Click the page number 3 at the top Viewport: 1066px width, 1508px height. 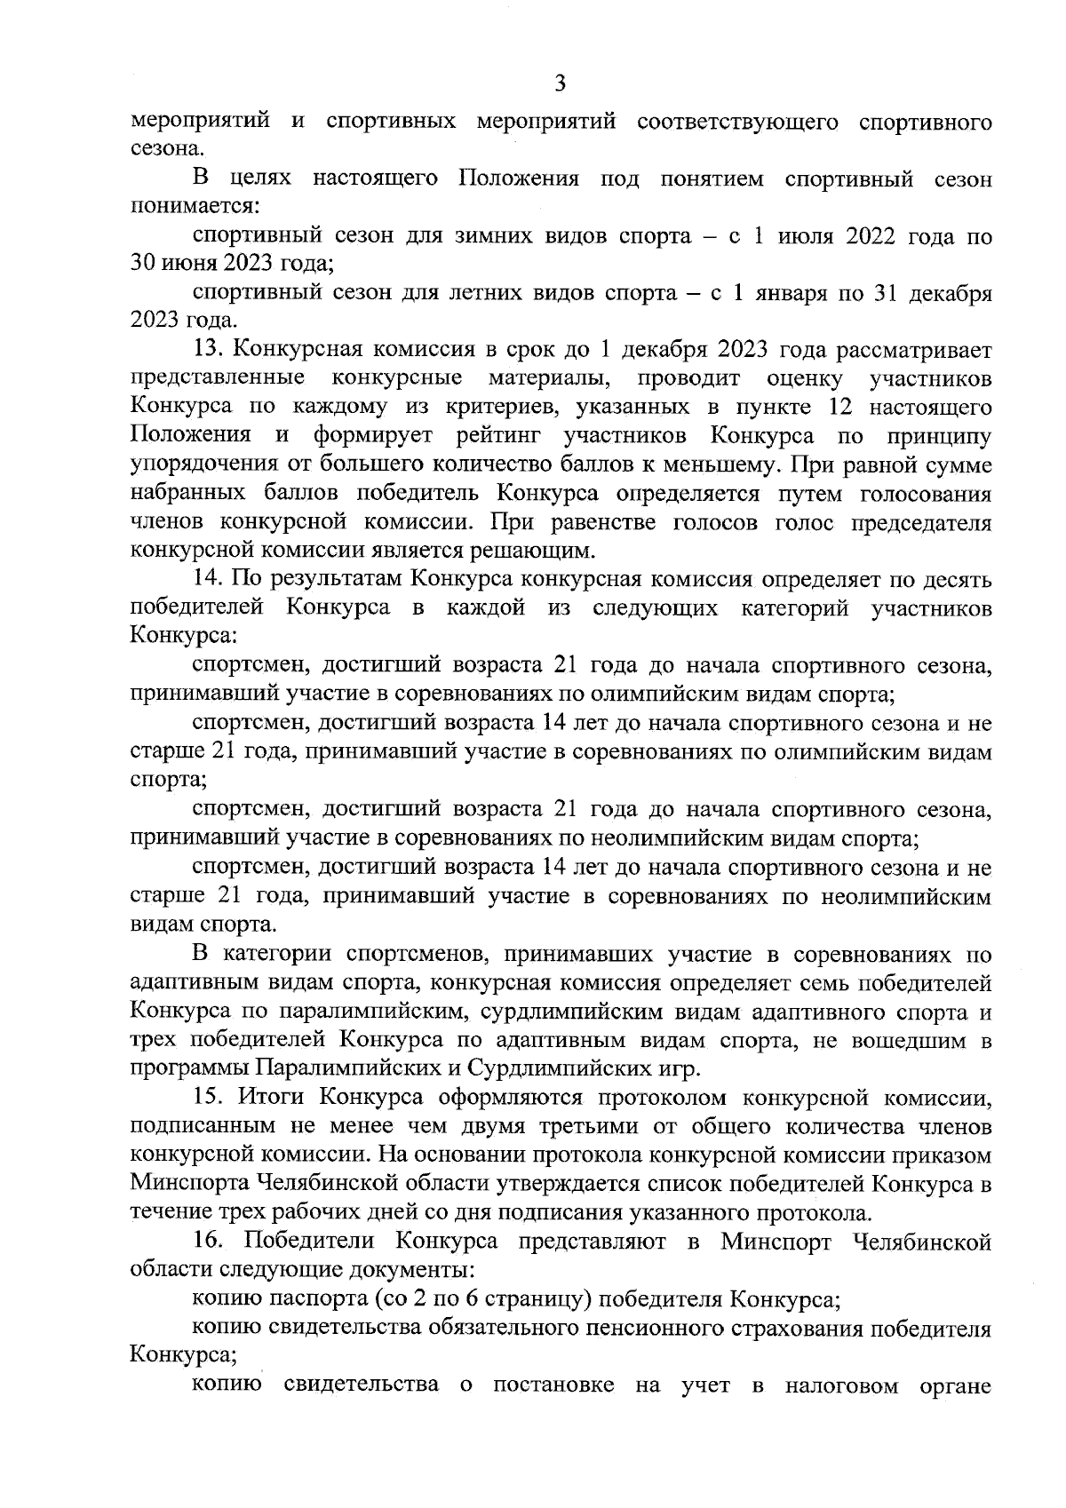coord(560,84)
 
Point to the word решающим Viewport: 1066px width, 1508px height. coord(538,551)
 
